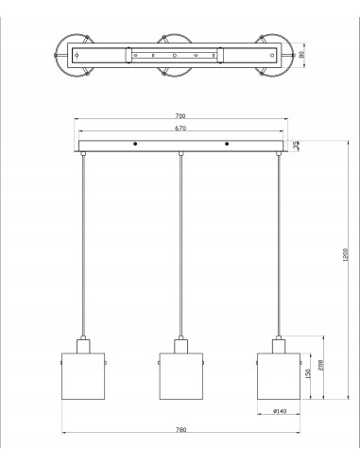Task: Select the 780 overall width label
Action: pyautogui.click(x=181, y=431)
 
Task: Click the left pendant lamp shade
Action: pyautogui.click(x=83, y=374)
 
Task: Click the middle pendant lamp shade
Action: pyautogui.click(x=181, y=374)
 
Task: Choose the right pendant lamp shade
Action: pyautogui.click(x=279, y=374)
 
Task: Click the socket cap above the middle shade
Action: pyautogui.click(x=181, y=344)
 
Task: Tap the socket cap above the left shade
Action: pyautogui.click(x=83, y=344)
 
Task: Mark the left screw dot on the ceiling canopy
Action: pyautogui.click(x=135, y=145)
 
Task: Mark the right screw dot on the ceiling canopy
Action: pyautogui.click(x=228, y=145)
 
